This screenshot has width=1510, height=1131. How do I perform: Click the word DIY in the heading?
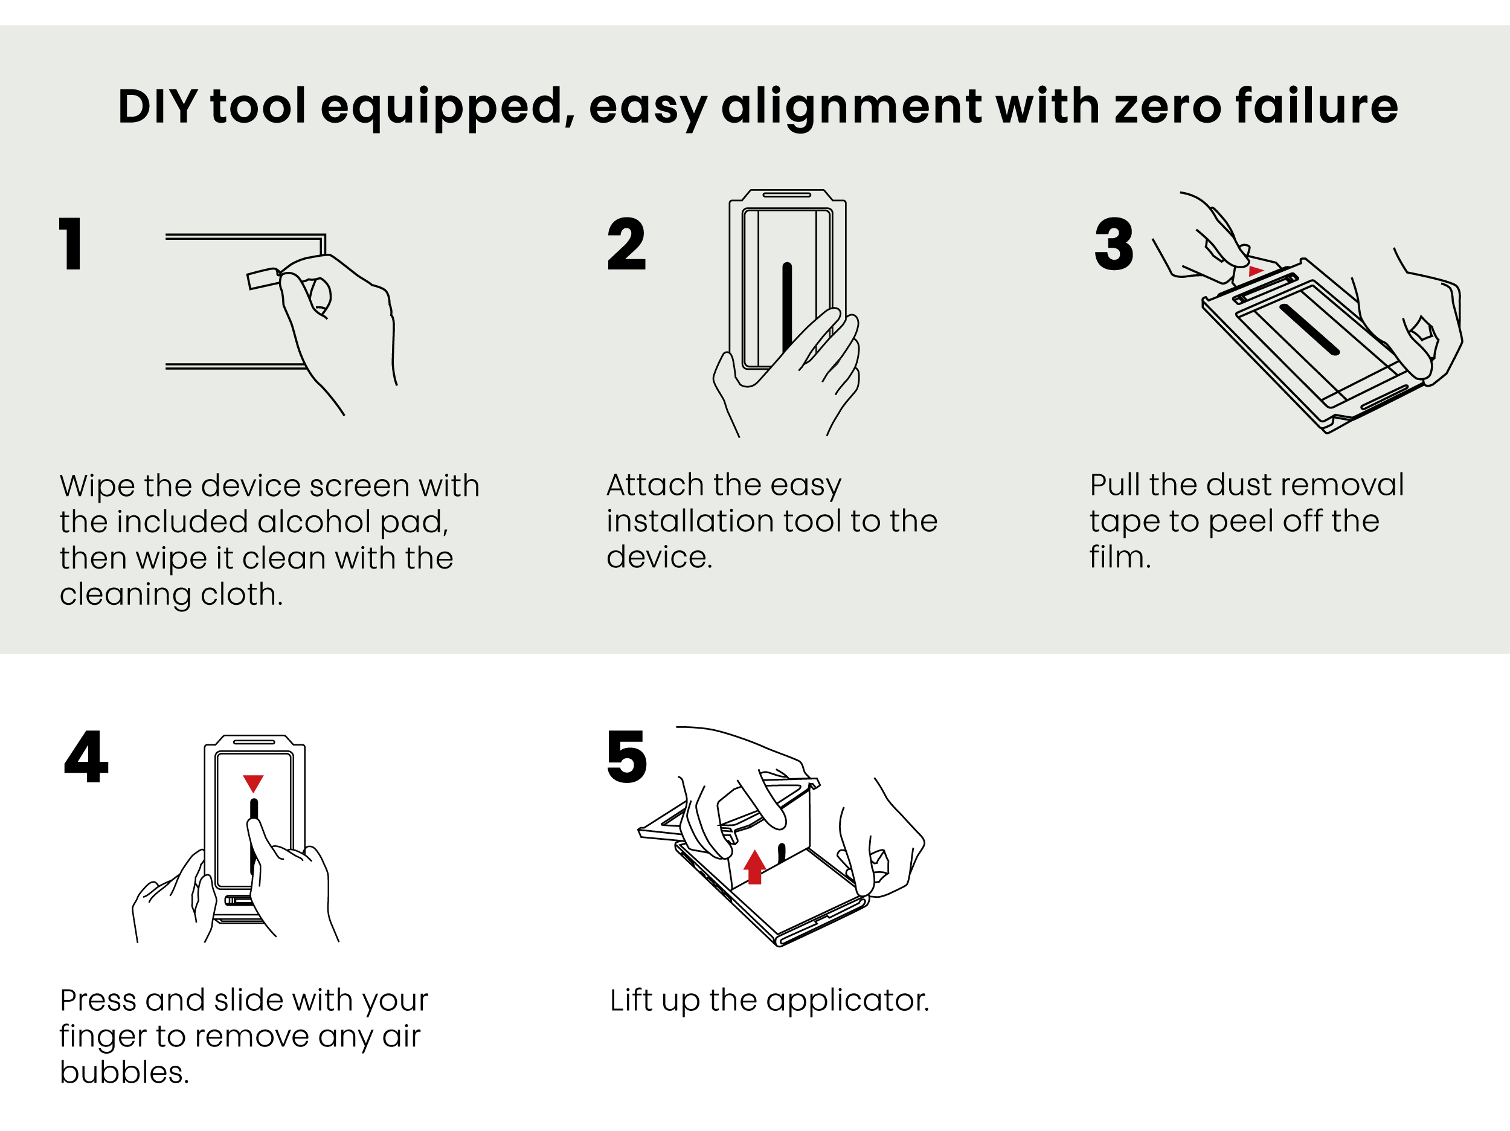click(158, 106)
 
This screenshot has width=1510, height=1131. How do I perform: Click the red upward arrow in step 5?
click(754, 867)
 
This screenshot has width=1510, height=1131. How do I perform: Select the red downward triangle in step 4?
click(253, 782)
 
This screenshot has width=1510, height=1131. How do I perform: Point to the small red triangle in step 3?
click(1255, 271)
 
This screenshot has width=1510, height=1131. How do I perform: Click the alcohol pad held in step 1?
click(263, 278)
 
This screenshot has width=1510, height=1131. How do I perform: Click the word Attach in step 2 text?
click(655, 485)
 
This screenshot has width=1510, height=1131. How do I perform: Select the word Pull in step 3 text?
click(1116, 485)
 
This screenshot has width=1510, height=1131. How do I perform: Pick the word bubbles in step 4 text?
click(124, 1072)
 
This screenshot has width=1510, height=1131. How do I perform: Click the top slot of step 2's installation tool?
click(786, 195)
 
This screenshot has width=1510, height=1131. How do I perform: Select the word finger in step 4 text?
click(103, 1037)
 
